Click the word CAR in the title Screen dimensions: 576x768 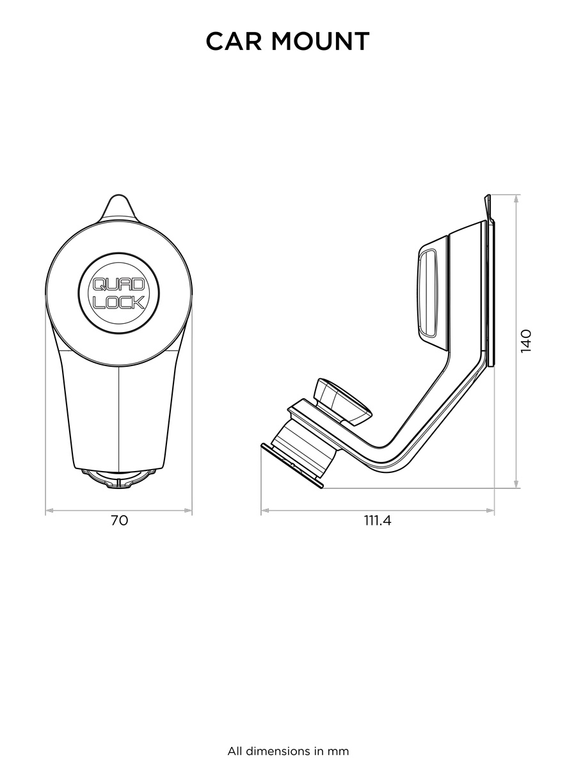pos(234,42)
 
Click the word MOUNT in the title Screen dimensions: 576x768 pos(321,42)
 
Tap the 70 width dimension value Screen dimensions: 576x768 pos(119,521)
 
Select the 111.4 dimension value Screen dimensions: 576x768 pos(378,521)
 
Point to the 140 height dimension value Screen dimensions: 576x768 pos(525,342)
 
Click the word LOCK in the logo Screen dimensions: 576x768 pos(119,302)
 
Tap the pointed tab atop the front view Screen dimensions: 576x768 pos(119,208)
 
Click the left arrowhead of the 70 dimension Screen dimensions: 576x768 pos(49,511)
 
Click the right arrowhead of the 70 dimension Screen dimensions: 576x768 pos(188,511)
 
